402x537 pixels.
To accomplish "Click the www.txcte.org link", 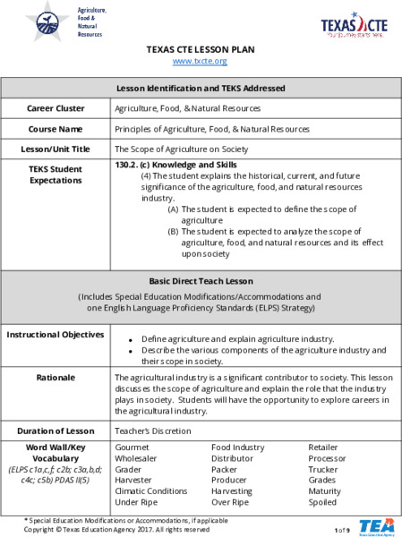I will [x=200, y=61].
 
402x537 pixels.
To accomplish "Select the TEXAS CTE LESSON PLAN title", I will [x=200, y=49].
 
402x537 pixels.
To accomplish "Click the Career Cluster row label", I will [x=55, y=108].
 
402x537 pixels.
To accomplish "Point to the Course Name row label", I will [x=55, y=129].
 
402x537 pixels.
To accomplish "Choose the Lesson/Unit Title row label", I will [x=55, y=149].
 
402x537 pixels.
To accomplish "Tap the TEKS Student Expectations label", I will [x=55, y=174].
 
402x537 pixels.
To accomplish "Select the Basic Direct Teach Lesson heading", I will [x=201, y=281].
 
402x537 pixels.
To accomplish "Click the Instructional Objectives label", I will [x=55, y=335].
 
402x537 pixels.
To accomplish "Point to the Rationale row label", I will [x=55, y=378].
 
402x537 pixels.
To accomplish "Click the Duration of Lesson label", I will [x=55, y=430].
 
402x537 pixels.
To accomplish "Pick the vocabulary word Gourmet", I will [x=133, y=447].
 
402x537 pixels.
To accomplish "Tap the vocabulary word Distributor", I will [x=232, y=458].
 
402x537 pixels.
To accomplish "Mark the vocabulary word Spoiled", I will [x=323, y=502].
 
